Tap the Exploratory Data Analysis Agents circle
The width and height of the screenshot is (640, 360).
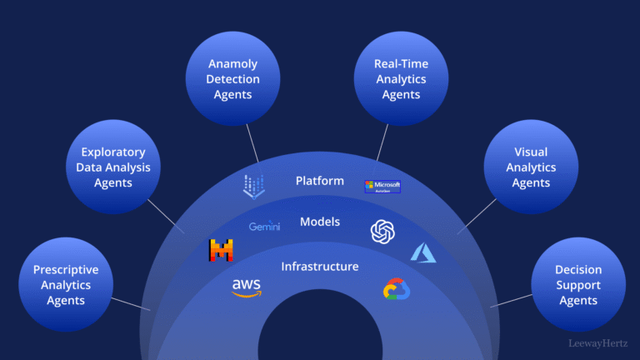(112, 167)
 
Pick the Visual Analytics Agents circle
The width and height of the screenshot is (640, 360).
(531, 167)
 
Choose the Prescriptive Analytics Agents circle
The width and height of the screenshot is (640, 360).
(66, 284)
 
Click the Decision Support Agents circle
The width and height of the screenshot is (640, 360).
(577, 284)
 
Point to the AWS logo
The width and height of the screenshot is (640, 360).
(247, 287)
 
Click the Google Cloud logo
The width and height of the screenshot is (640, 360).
(397, 289)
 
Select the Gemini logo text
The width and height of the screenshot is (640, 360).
(264, 226)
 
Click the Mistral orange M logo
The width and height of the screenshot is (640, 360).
(221, 250)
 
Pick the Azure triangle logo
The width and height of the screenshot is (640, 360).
(423, 252)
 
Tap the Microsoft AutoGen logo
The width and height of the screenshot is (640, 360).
(382, 186)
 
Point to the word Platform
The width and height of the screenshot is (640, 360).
(320, 181)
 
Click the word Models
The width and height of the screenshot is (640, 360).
(320, 222)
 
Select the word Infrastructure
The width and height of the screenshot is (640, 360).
(320, 267)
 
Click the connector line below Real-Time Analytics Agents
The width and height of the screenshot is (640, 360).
(382, 143)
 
